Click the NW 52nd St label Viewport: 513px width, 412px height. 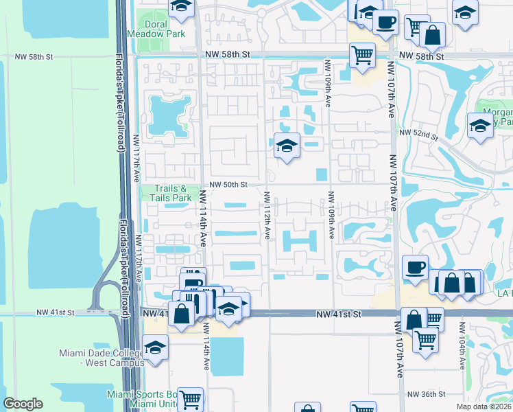tap(418, 133)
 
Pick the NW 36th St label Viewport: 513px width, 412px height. tap(427, 394)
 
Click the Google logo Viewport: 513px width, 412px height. tap(23, 404)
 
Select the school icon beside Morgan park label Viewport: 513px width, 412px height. tap(480, 125)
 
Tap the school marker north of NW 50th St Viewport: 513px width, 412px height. tap(287, 145)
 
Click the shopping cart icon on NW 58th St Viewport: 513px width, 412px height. tap(361, 54)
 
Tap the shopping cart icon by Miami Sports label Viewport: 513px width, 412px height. tap(191, 399)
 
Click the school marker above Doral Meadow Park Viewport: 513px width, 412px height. tap(181, 7)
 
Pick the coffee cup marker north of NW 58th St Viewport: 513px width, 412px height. tap(385, 21)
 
